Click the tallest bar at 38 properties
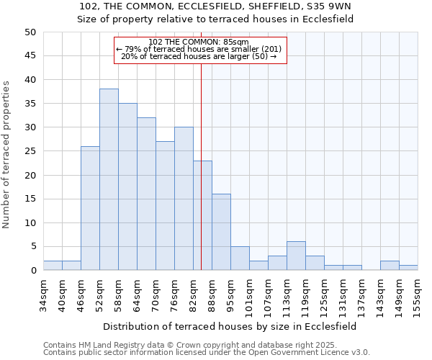coord(109,179)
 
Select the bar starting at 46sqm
coord(90,208)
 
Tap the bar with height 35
coord(127,186)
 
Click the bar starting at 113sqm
coord(296,256)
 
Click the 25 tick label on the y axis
coord(30,151)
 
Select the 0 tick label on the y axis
coord(32,271)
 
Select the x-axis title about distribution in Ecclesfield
coord(230,326)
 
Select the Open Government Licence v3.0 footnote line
coord(207,353)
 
